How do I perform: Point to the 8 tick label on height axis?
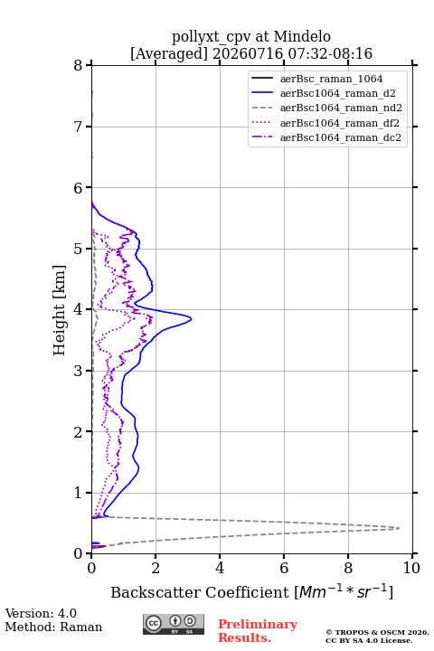tap(79, 65)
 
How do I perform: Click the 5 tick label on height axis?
tap(79, 249)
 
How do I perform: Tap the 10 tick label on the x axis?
tap(411, 568)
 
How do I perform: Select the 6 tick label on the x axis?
tap(284, 568)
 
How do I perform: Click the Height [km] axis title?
tap(60, 310)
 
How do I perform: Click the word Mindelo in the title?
tap(302, 36)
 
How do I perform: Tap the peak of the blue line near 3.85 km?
tap(191, 319)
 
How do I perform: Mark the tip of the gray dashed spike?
tap(400, 528)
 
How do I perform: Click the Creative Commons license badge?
tap(174, 625)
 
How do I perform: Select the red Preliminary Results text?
tap(258, 631)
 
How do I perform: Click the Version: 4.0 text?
tap(41, 613)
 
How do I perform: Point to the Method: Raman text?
tap(53, 627)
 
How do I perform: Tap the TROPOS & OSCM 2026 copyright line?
tap(377, 632)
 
